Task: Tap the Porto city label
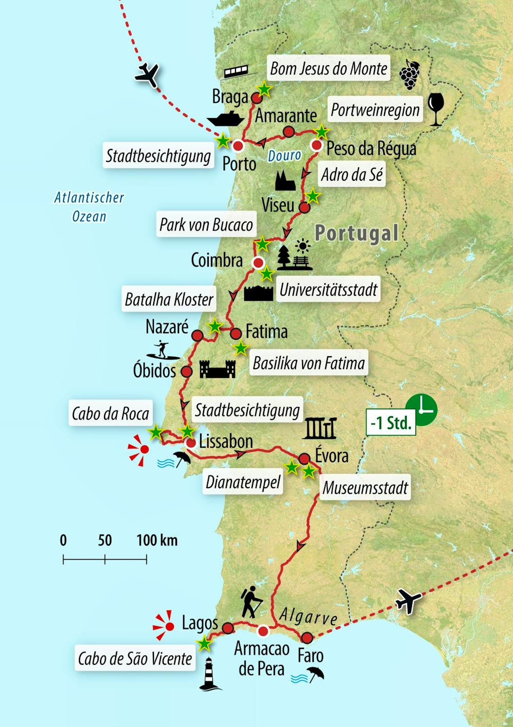239,164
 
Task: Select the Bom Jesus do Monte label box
328,69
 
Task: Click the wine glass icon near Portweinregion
436,109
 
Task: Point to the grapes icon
409,74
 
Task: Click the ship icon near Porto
226,118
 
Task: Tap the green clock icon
422,410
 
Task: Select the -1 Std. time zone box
391,423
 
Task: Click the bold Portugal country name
357,233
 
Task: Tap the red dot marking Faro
307,638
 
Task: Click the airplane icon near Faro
408,601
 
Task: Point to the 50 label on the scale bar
105,540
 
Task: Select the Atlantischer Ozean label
89,206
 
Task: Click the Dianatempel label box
243,482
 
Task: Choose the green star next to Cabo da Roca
155,432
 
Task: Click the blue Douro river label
284,155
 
